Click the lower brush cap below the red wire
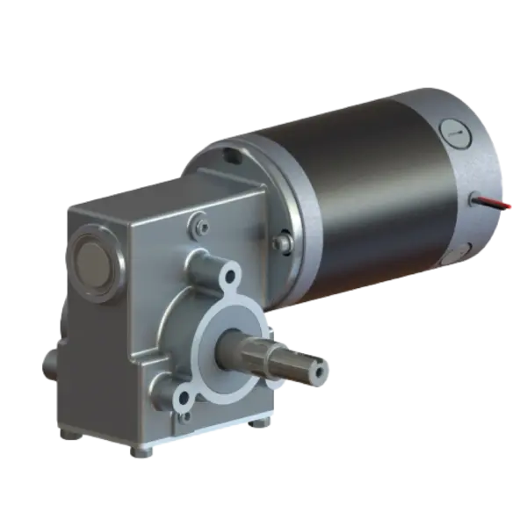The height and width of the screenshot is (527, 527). tap(481, 249)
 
